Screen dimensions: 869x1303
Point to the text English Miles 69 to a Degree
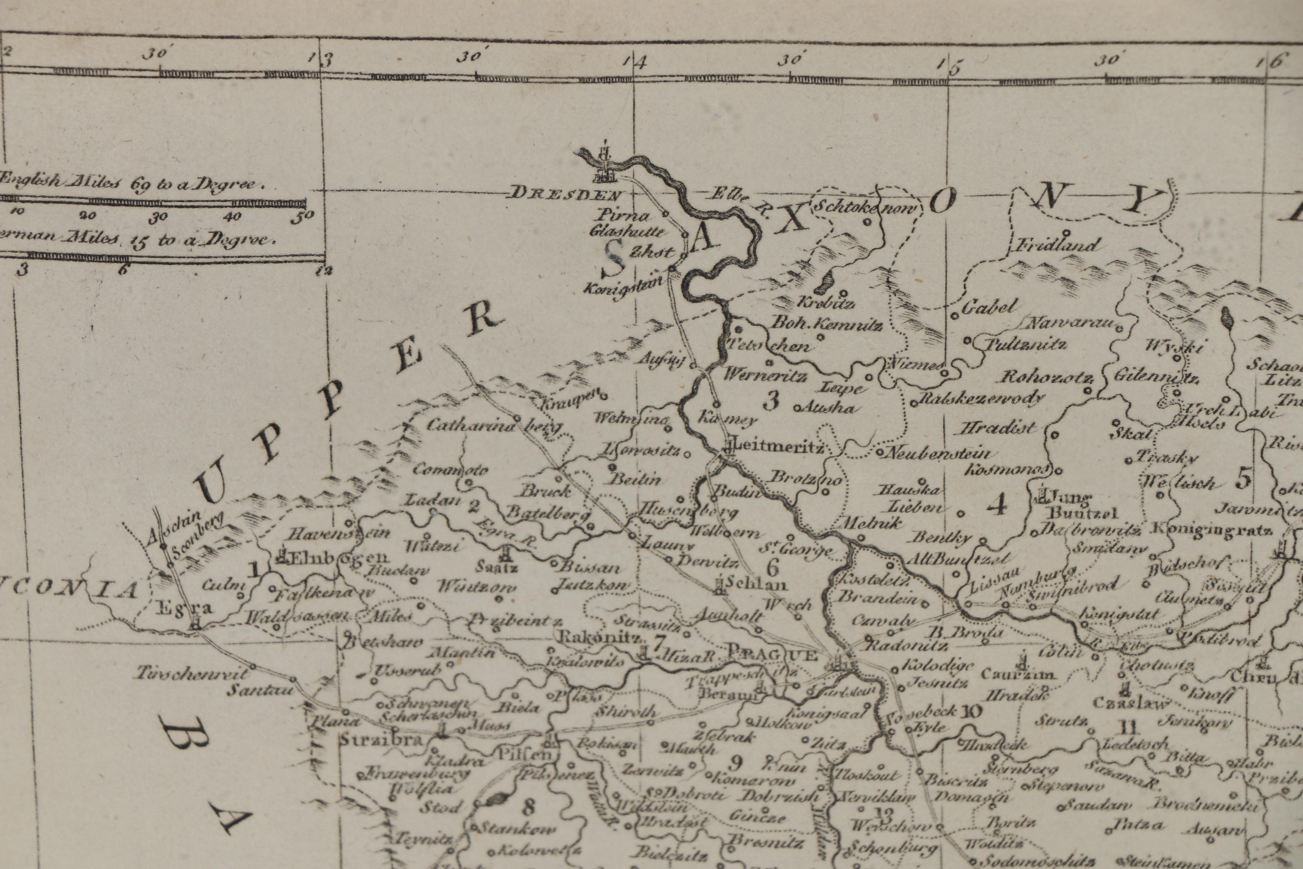(x=132, y=183)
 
